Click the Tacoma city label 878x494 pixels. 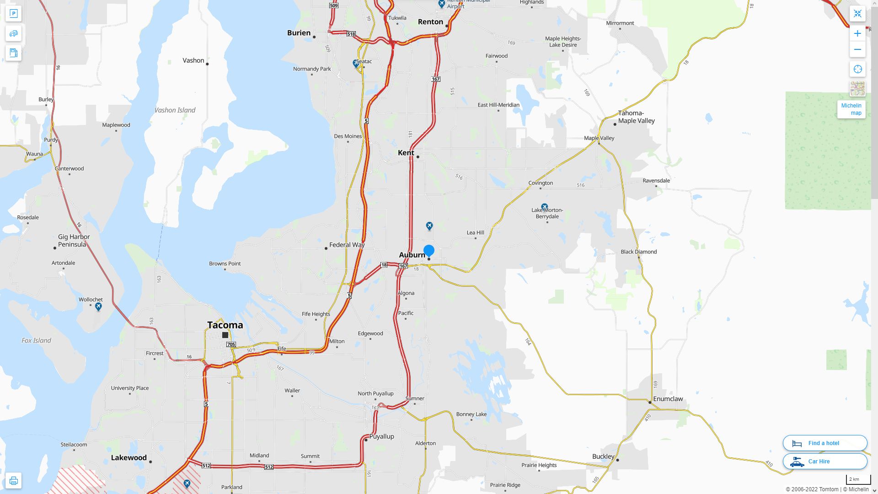coord(225,325)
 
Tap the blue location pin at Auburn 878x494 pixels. coord(428,250)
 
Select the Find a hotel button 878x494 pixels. coord(824,443)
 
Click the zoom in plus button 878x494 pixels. coord(857,33)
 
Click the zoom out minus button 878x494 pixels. coord(857,49)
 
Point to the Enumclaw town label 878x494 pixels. coord(668,399)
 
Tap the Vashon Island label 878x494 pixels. coord(175,110)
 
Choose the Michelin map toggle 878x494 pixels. coord(851,109)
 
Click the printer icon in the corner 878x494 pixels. coord(13,481)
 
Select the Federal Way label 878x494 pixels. coord(347,245)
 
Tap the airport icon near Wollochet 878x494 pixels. coord(98,307)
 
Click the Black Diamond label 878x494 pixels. coord(638,252)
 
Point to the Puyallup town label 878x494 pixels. coord(381,436)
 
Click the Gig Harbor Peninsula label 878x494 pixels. coord(74,241)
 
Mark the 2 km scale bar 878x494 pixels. coord(858,480)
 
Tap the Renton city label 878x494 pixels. coord(430,22)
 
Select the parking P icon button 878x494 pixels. coord(13,14)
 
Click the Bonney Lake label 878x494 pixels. coord(471,414)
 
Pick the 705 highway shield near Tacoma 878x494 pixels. coord(231,344)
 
